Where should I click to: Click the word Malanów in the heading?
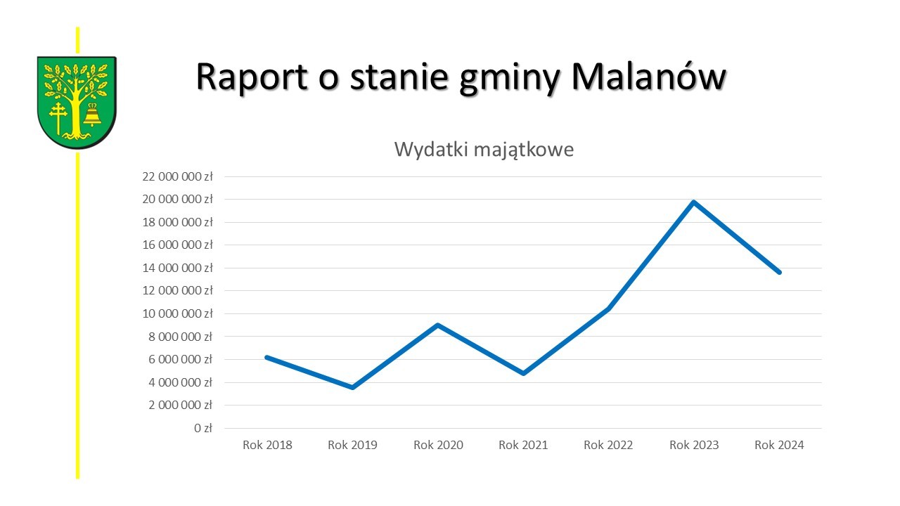pyautogui.click(x=649, y=77)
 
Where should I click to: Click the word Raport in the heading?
pyautogui.click(x=252, y=77)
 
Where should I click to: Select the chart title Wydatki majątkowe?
pyautogui.click(x=484, y=150)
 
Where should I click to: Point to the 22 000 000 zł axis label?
pyautogui.click(x=178, y=176)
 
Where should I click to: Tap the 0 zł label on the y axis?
pyautogui.click(x=203, y=428)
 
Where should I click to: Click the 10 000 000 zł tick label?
pyautogui.click(x=178, y=313)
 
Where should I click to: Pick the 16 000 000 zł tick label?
pyautogui.click(x=178, y=245)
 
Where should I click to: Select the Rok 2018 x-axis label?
pyautogui.click(x=267, y=445)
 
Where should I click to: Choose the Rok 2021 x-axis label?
pyautogui.click(x=523, y=445)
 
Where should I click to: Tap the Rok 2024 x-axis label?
pyautogui.click(x=779, y=445)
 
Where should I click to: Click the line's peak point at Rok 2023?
pyautogui.click(x=694, y=202)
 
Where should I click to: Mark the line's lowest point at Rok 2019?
pyautogui.click(x=353, y=387)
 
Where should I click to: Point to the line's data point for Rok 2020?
pyautogui.click(x=438, y=325)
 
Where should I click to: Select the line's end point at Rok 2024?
pyautogui.click(x=780, y=272)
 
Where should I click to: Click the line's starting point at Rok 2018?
pyautogui.click(x=267, y=357)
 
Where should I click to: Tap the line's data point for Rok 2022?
pyautogui.click(x=609, y=309)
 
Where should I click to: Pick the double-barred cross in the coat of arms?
pyautogui.click(x=58, y=118)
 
